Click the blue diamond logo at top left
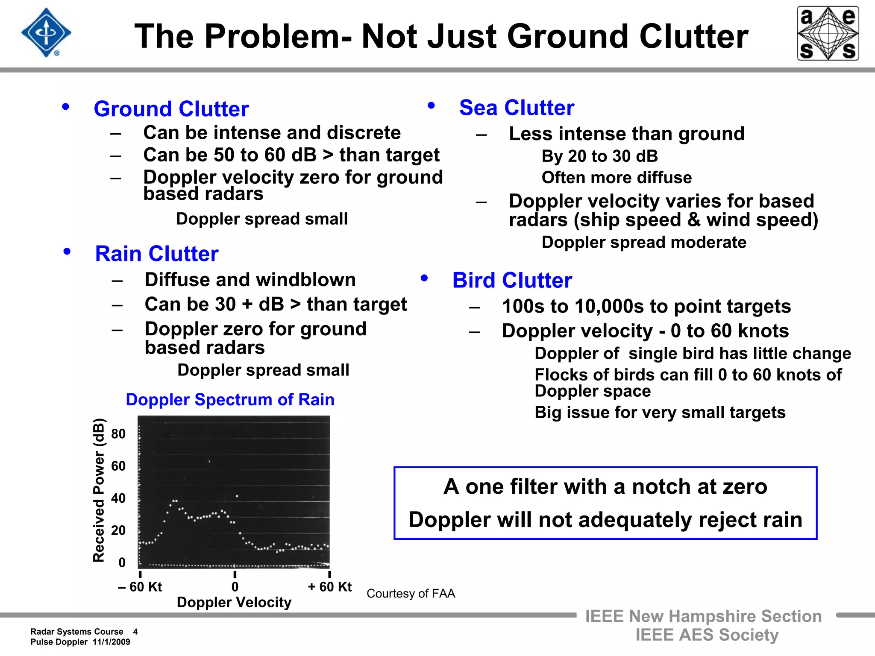(x=46, y=33)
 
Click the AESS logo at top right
(x=828, y=33)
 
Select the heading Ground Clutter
(x=171, y=109)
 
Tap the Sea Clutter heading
(x=517, y=108)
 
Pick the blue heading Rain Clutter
(x=157, y=254)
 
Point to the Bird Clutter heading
(x=512, y=281)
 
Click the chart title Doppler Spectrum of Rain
(x=230, y=400)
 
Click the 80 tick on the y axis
(x=118, y=434)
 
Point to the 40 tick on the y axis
(x=118, y=498)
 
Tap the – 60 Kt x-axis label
(x=140, y=587)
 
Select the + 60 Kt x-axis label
(x=329, y=587)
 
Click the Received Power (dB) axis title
(x=99, y=490)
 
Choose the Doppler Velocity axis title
(x=234, y=602)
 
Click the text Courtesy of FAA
(x=411, y=594)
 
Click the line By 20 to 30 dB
(x=599, y=156)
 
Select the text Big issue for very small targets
(x=660, y=413)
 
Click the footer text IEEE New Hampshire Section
(x=703, y=616)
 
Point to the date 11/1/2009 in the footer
(x=111, y=642)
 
